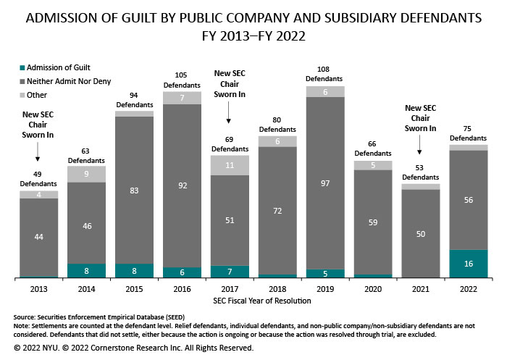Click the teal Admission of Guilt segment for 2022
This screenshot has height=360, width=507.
(468, 264)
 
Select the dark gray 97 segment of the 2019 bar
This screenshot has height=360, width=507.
(325, 183)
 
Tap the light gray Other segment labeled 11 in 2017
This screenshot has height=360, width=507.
(230, 165)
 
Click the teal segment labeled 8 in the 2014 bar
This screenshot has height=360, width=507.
(86, 271)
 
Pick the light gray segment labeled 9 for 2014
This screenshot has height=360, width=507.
(86, 174)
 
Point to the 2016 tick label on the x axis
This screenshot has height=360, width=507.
(182, 288)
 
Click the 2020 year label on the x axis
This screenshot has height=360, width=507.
(372, 288)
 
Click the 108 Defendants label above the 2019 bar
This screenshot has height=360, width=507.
(325, 74)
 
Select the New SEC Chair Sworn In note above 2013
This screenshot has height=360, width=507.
(38, 125)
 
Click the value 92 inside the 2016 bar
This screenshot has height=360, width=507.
(182, 185)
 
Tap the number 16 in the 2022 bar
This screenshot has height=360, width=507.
(468, 264)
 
